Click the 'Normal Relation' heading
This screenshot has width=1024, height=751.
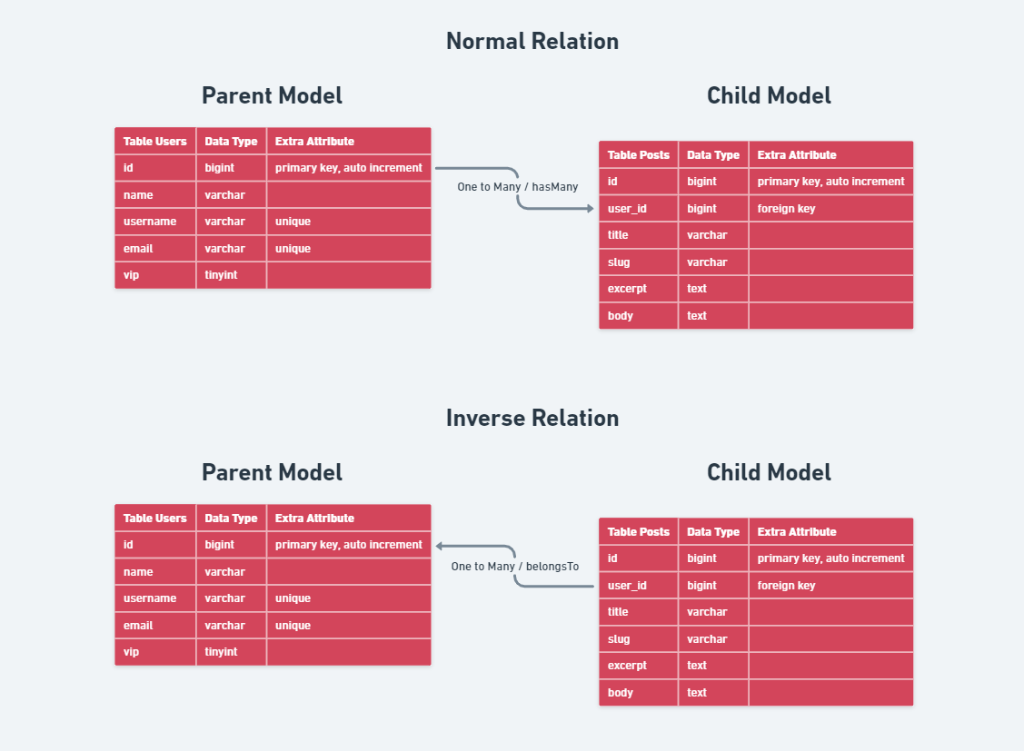pyautogui.click(x=532, y=42)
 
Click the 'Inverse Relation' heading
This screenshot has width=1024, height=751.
pyautogui.click(x=532, y=419)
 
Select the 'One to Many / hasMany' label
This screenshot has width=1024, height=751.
pyautogui.click(x=517, y=187)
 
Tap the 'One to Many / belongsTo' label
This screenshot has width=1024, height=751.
pyautogui.click(x=514, y=567)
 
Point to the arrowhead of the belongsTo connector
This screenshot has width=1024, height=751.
pyautogui.click(x=440, y=546)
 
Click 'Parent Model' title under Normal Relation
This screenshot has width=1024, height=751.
pyautogui.click(x=272, y=95)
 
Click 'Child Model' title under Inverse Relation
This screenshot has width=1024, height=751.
pyautogui.click(x=769, y=473)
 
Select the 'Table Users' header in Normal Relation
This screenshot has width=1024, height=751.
pyautogui.click(x=154, y=142)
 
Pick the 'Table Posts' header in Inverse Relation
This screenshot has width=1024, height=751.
pyautogui.click(x=638, y=532)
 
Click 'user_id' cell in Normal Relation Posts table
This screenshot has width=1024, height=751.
pyautogui.click(x=627, y=209)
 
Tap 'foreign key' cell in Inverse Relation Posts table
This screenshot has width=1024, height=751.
pyautogui.click(x=786, y=586)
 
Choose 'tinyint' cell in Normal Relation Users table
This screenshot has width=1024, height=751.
pyautogui.click(x=221, y=275)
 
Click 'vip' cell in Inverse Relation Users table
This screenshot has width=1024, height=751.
pyautogui.click(x=132, y=652)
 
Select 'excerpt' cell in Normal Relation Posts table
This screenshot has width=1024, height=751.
pyautogui.click(x=627, y=289)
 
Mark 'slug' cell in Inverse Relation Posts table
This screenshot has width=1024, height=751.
pyautogui.click(x=619, y=639)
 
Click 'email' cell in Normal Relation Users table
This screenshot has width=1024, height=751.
pyautogui.click(x=138, y=249)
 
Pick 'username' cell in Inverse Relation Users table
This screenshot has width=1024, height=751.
pyautogui.click(x=150, y=598)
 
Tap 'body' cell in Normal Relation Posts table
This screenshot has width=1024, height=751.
pyautogui.click(x=621, y=316)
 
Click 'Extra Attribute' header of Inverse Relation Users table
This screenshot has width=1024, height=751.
pyautogui.click(x=314, y=519)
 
